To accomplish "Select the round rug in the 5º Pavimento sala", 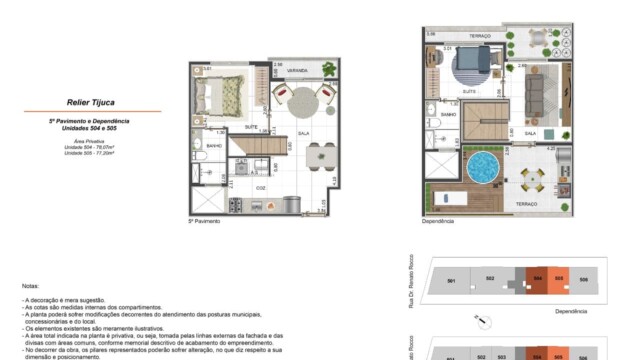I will click(302, 100).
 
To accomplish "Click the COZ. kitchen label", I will click(260, 187).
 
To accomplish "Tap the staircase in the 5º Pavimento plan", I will click(259, 148).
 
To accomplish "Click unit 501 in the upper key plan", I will click(451, 282).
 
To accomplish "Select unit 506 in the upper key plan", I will click(584, 280).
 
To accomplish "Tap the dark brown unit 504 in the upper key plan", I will click(537, 281).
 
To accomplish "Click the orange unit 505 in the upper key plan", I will click(559, 281).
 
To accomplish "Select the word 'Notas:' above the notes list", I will click(30, 286).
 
